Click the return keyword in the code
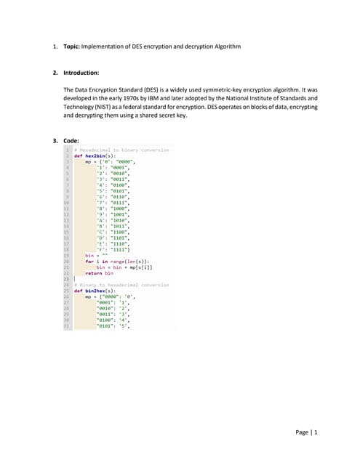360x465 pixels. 94,272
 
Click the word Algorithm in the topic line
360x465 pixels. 222,47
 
